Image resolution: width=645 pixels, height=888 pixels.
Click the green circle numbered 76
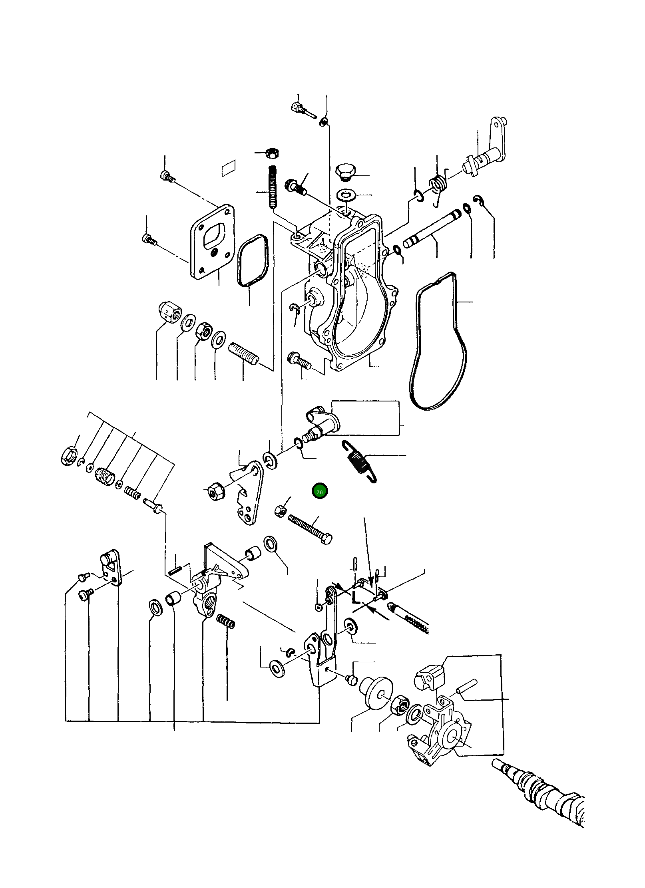tap(320, 491)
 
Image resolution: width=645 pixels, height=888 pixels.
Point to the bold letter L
tap(355, 598)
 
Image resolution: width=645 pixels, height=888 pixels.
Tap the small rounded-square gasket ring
tap(252, 260)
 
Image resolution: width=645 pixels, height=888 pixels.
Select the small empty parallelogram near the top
tap(229, 168)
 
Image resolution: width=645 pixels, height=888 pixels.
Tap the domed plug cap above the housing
tap(344, 171)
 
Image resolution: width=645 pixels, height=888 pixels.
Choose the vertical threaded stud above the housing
tap(273, 187)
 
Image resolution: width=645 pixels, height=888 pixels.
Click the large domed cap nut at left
tap(170, 311)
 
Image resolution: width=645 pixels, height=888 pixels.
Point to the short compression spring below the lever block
tap(225, 621)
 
